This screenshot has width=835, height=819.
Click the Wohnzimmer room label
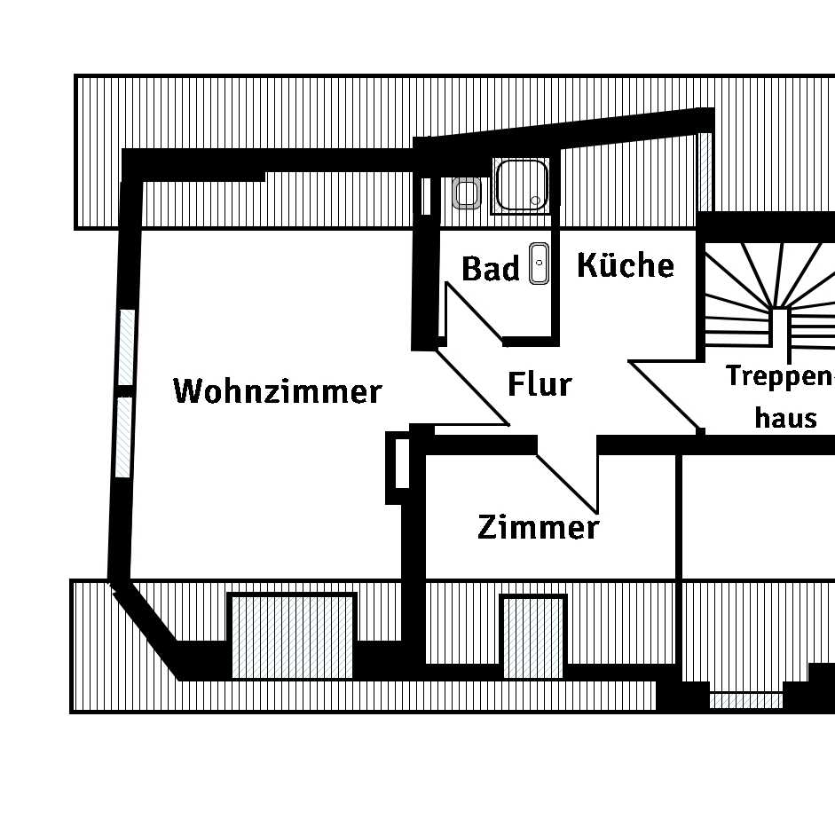[277, 390]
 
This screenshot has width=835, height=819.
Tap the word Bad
[490, 269]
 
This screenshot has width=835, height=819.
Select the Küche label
[626, 264]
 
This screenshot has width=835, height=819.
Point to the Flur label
[540, 384]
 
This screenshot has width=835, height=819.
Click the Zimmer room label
[538, 527]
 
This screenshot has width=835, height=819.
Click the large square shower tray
[521, 185]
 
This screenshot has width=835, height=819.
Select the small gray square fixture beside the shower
[467, 193]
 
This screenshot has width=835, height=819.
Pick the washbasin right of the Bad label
[539, 264]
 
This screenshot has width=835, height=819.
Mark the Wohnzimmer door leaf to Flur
[471, 388]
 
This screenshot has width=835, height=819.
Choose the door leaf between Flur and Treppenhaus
[664, 395]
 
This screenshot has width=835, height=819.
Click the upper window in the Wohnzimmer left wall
[127, 347]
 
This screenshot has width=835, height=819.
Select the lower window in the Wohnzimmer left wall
[123, 437]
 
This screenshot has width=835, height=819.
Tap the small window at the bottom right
[745, 701]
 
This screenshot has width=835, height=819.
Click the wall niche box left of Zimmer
[398, 467]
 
